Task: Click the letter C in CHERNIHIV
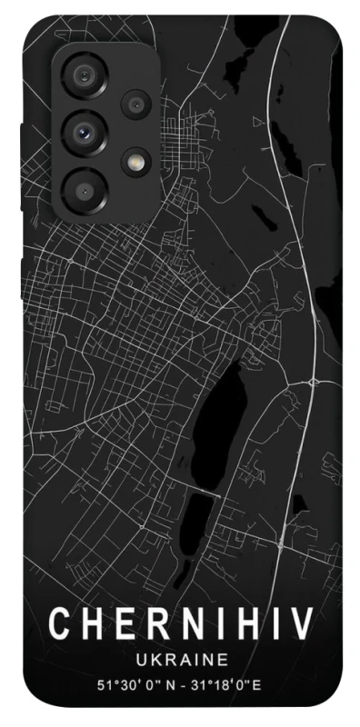coord(59,625)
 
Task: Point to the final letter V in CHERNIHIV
coord(301,625)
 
